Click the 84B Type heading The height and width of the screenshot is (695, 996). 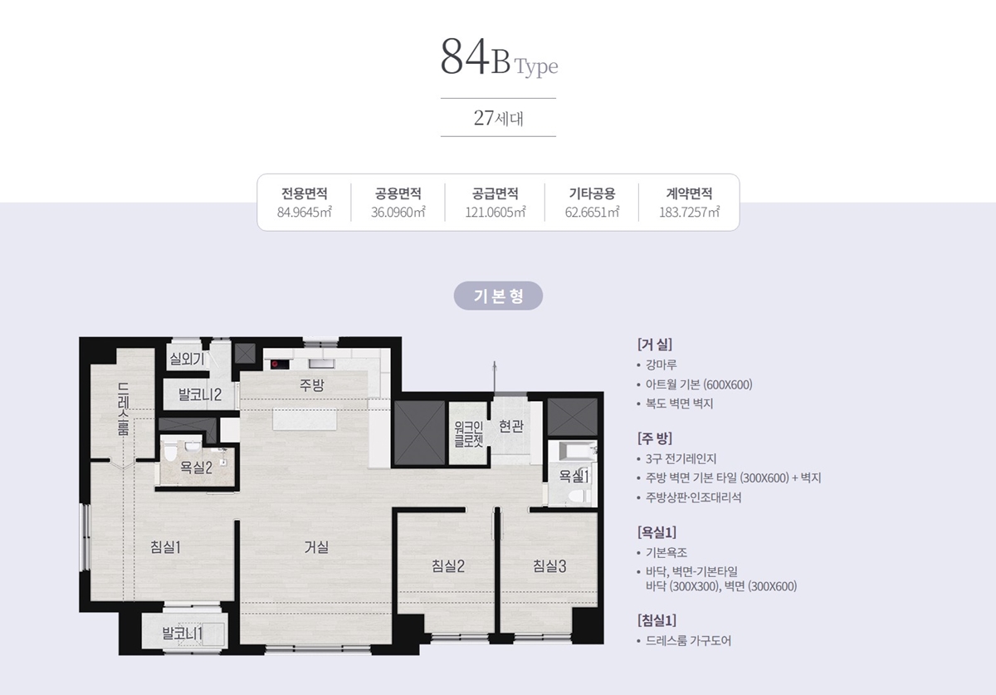[x=498, y=58]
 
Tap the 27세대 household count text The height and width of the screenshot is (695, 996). [x=498, y=117]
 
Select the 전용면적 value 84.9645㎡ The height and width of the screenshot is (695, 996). [x=305, y=212]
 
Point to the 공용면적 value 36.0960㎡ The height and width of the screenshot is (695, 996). [x=398, y=212]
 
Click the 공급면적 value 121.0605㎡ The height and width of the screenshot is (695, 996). [x=496, y=212]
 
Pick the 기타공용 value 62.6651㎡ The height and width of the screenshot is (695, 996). [x=592, y=212]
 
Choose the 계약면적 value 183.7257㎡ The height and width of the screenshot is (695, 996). [x=689, y=212]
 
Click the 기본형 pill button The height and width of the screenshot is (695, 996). [x=498, y=296]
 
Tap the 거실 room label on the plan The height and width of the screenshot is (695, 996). [x=316, y=547]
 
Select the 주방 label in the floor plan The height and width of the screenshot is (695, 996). [x=312, y=384]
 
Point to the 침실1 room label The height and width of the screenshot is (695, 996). [x=165, y=546]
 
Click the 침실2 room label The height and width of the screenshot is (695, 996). [x=447, y=566]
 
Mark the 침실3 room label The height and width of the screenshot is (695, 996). [x=549, y=566]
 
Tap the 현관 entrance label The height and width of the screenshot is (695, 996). [x=511, y=426]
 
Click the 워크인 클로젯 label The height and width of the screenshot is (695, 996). [x=468, y=433]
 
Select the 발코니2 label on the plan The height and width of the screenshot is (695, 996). [x=199, y=394]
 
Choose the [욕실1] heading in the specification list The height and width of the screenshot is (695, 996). [x=657, y=532]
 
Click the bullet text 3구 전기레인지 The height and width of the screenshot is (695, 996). [x=681, y=458]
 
